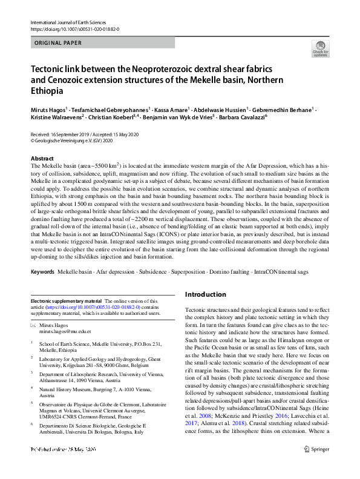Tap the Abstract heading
click(x=42, y=157)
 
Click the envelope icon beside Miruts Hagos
click(x=33, y=326)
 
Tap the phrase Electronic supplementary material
click(x=67, y=301)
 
